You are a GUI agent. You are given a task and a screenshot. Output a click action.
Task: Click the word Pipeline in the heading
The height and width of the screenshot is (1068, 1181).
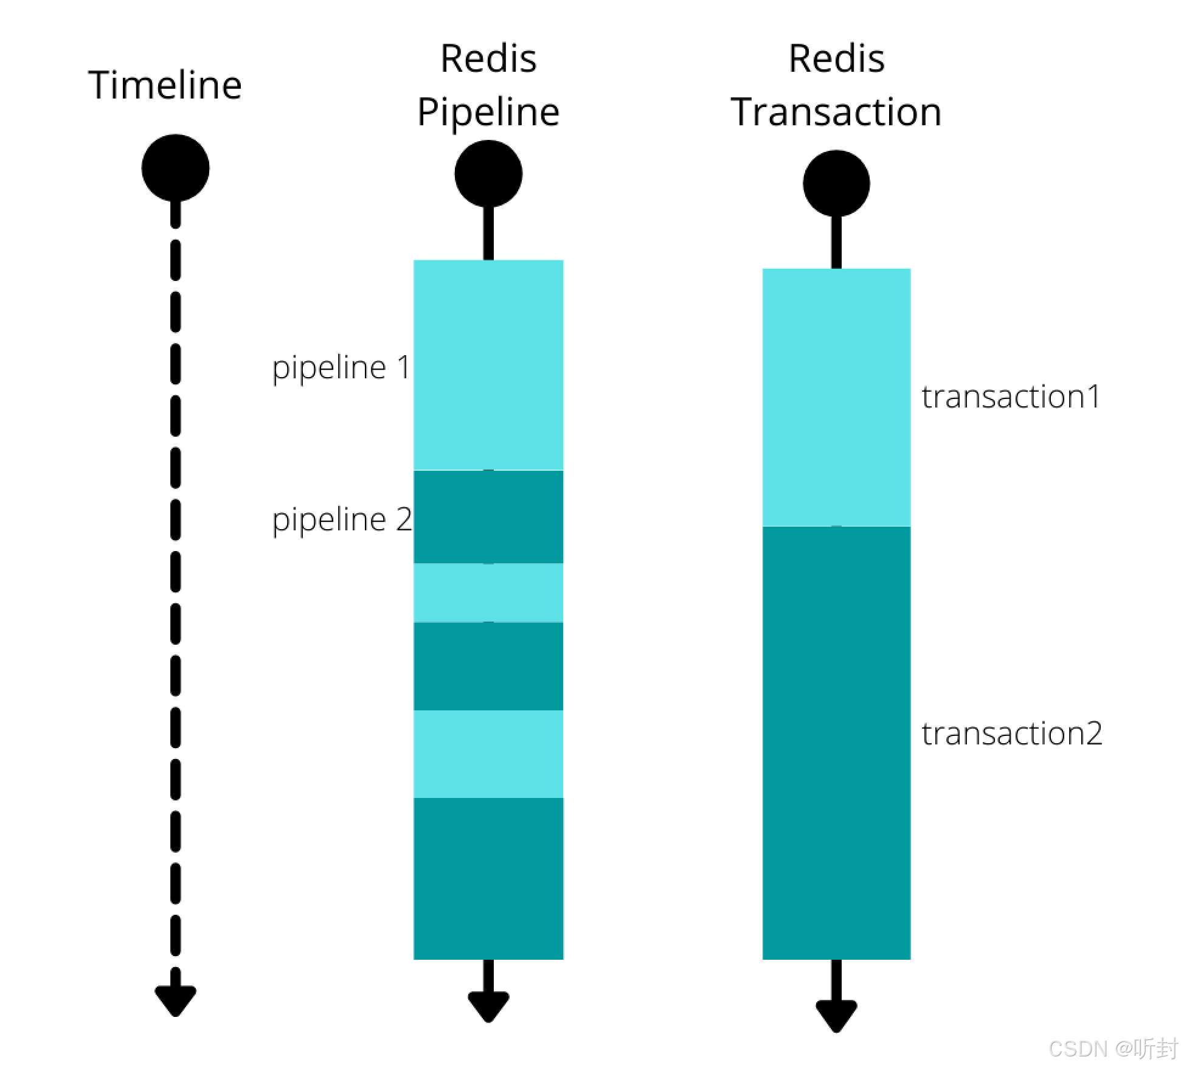(488, 113)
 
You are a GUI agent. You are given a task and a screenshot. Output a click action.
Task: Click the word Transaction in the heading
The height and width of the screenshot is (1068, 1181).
(836, 113)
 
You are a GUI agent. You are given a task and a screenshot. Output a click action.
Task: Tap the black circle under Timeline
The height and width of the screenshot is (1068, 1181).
(176, 168)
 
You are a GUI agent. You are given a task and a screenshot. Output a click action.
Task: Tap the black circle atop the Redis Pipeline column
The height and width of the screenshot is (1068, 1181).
(488, 174)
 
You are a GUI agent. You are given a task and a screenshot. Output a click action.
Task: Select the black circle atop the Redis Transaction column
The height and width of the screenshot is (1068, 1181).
(836, 183)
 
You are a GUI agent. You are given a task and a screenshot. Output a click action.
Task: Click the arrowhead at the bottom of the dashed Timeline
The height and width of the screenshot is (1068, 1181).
(176, 998)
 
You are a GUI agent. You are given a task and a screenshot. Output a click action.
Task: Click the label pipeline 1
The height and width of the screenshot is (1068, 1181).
(341, 368)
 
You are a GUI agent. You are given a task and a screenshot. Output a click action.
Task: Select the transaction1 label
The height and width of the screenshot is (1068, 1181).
(1011, 397)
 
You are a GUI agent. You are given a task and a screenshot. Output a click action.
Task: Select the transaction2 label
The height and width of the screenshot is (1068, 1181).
(1011, 733)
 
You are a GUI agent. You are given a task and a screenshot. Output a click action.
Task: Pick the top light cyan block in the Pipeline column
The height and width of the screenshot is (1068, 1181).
(488, 365)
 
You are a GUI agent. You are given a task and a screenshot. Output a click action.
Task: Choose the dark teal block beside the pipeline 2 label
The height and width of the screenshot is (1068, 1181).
(488, 517)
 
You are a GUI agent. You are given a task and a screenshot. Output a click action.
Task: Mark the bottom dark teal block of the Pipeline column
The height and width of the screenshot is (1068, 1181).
(488, 878)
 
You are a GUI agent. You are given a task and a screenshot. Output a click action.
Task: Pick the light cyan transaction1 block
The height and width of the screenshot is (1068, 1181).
(836, 397)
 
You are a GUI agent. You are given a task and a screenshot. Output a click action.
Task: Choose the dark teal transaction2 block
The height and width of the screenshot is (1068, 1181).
(836, 742)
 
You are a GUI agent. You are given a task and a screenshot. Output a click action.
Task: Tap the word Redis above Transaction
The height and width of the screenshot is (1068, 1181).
(836, 59)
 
